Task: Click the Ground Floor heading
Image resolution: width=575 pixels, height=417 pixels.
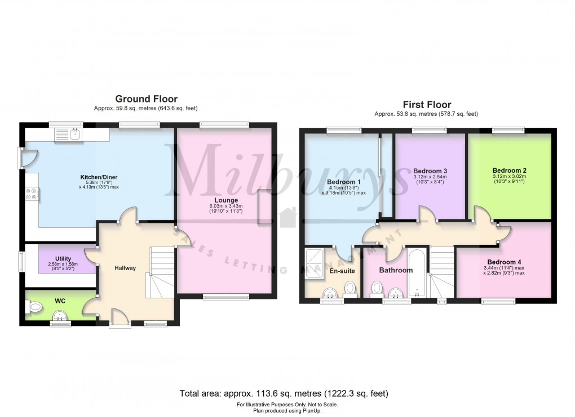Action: (147, 98)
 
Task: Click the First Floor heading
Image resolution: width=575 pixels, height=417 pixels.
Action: (426, 104)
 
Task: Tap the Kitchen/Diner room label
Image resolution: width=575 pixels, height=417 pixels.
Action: (99, 177)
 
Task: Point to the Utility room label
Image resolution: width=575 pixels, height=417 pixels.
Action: (63, 258)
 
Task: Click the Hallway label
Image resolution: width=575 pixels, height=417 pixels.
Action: (125, 268)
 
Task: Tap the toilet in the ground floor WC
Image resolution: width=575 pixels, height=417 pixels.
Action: (35, 307)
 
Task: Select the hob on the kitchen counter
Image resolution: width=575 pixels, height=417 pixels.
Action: (32, 194)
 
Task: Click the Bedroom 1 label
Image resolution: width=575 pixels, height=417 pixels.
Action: (343, 182)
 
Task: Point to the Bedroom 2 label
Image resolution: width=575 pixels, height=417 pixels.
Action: (509, 171)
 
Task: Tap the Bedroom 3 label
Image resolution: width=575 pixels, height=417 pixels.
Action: (430, 171)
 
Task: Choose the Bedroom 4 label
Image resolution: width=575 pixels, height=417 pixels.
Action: (504, 262)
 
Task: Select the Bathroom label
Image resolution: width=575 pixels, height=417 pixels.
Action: (396, 270)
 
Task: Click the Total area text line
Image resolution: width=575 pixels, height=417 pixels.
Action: (284, 393)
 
